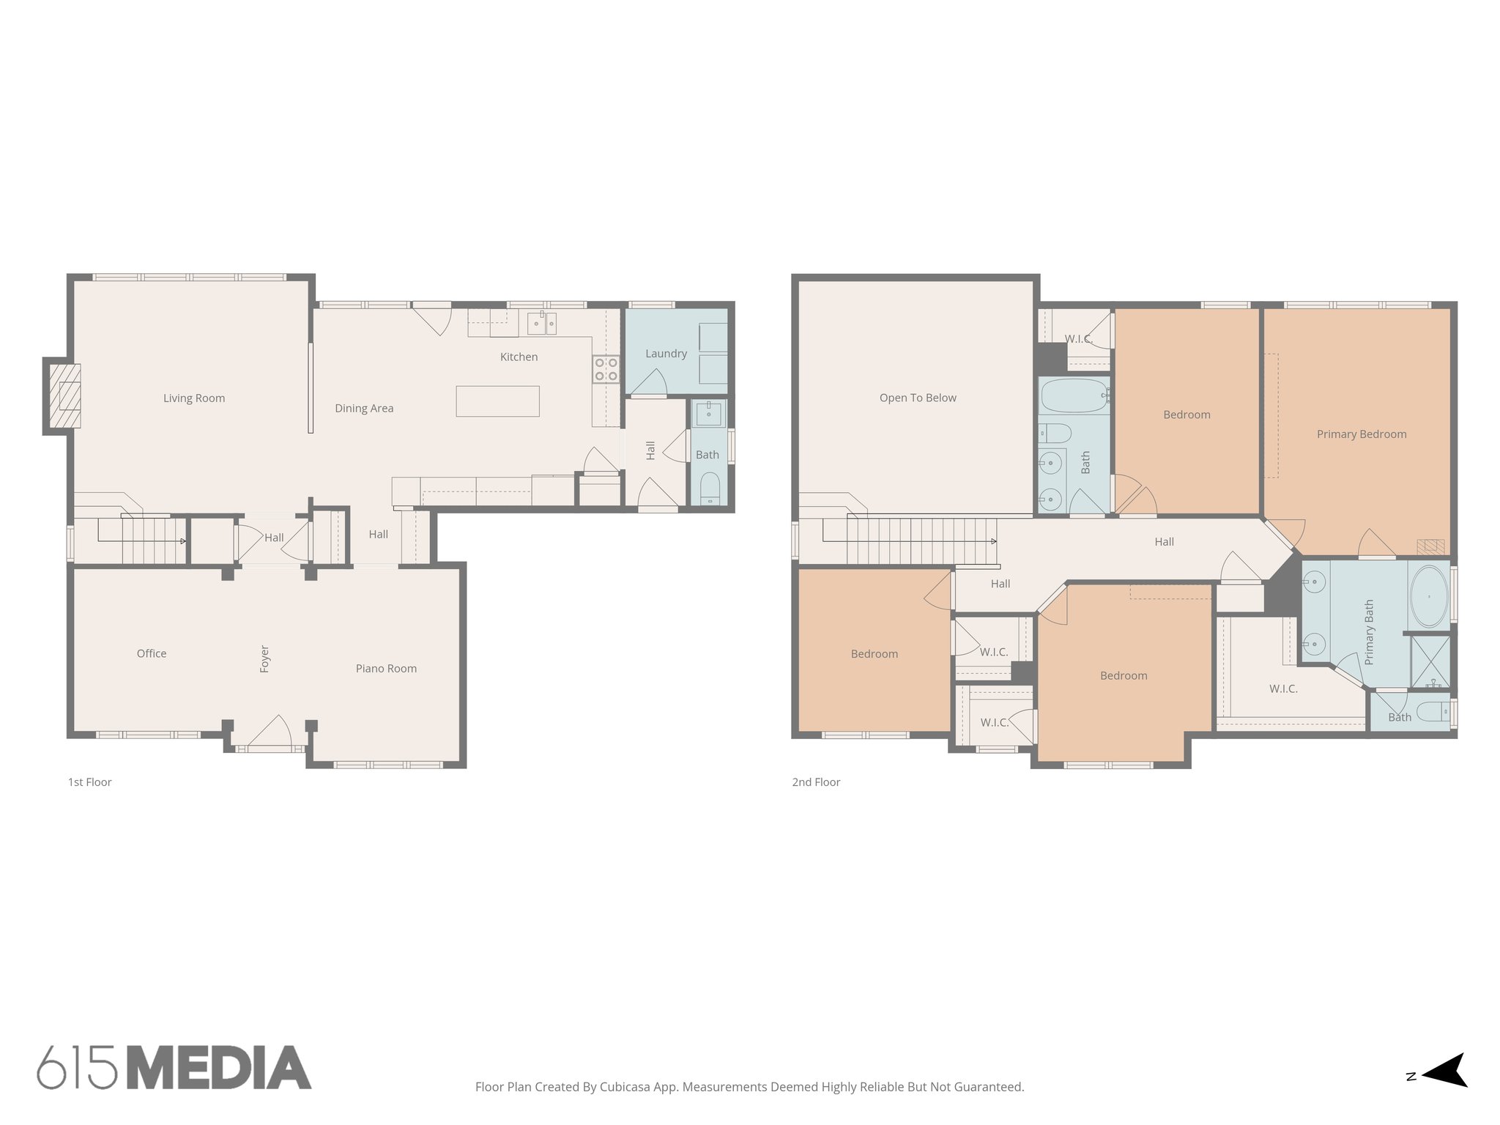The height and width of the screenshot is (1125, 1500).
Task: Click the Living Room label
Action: point(194,398)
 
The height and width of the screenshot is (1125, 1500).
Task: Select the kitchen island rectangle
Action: point(497,401)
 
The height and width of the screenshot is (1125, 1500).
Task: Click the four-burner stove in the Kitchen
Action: point(606,369)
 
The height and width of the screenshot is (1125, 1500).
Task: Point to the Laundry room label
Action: point(666,354)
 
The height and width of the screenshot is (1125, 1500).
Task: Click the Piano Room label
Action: point(386,669)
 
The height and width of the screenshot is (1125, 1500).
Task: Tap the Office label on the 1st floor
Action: point(152,654)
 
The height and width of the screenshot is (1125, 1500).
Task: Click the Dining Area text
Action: point(364,409)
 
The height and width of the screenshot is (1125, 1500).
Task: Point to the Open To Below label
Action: point(918,398)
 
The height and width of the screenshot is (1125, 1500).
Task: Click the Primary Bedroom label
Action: point(1361,434)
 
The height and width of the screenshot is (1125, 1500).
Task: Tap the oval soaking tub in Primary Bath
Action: point(1428,596)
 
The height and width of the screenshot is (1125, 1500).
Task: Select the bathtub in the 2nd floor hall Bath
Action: point(1074,396)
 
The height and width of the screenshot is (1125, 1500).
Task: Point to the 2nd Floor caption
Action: point(816,782)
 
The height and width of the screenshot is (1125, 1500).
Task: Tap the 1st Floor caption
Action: point(90,782)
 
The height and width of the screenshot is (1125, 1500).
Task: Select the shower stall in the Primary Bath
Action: point(1430,661)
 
